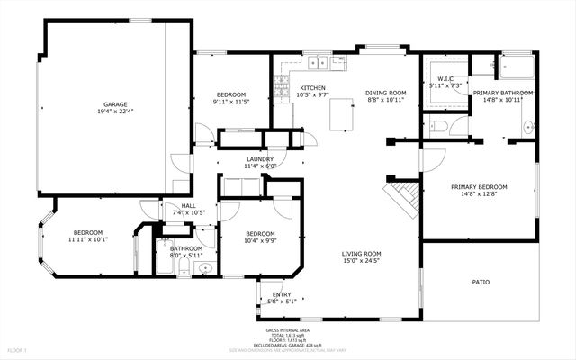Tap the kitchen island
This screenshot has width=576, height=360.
click(341, 115)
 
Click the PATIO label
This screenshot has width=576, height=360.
click(481, 283)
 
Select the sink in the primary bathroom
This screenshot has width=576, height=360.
click(529, 125)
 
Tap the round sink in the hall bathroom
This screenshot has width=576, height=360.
click(204, 267)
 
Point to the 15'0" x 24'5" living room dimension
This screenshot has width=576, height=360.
click(361, 263)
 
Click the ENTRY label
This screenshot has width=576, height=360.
click(281, 294)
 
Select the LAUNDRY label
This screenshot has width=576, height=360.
click(260, 158)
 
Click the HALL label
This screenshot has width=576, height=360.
click(188, 205)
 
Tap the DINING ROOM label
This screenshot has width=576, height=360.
click(385, 93)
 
